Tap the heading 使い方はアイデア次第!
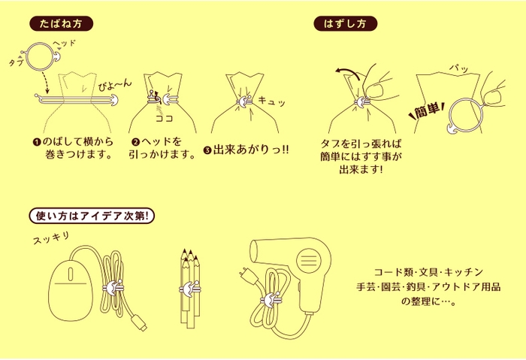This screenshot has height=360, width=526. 90,216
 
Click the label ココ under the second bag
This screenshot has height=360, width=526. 163,118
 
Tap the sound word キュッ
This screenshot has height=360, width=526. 272,100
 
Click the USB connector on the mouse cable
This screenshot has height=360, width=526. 141,325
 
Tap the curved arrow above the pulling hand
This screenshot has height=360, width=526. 346,73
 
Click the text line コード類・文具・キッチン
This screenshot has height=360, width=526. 428,271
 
